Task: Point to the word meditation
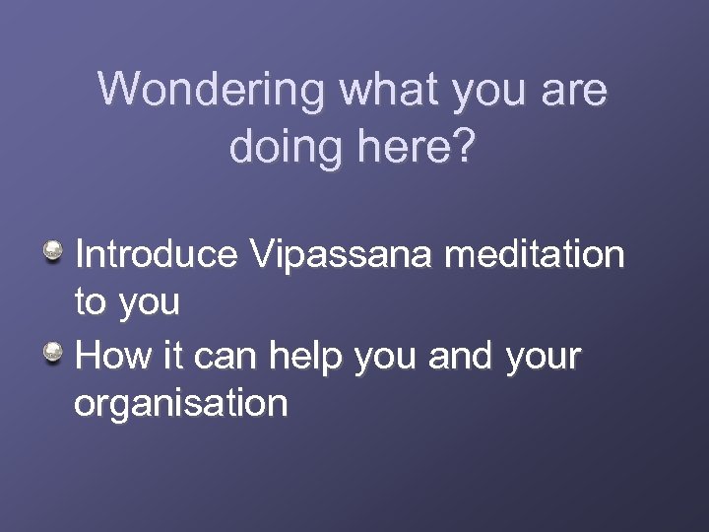pyautogui.click(x=534, y=254)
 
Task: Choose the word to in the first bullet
pyautogui.click(x=91, y=303)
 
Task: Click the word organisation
pyautogui.click(x=181, y=404)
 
